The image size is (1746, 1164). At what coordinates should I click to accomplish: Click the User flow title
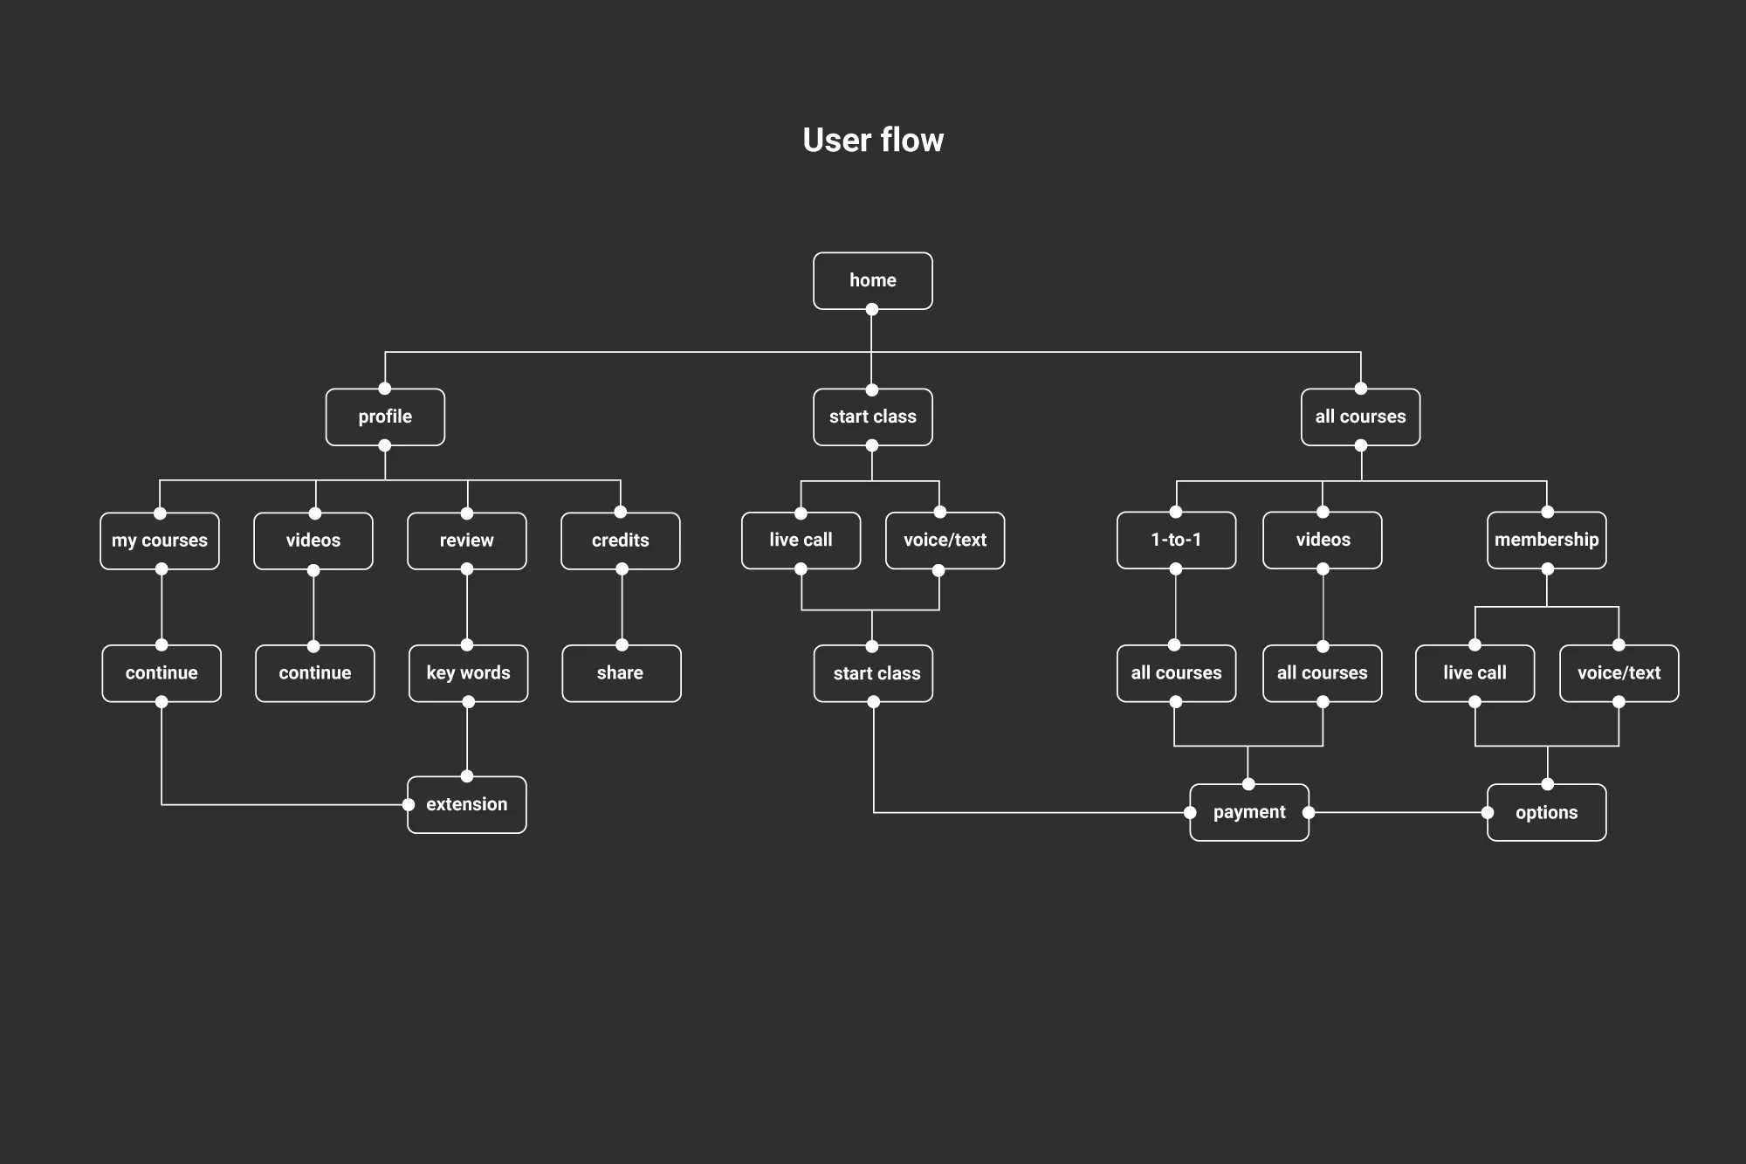873,140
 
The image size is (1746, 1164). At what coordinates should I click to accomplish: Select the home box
873,280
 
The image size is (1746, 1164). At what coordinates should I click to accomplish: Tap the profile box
385,417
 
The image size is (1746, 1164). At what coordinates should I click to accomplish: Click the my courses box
160,541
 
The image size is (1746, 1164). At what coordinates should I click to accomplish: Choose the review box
467,541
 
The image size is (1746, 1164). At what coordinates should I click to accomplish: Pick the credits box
621,541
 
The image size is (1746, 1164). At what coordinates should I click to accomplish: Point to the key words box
468,673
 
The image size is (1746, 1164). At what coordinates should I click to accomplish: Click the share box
621,673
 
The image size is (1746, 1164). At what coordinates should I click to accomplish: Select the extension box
467,804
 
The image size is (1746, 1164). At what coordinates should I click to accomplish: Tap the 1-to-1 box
1176,540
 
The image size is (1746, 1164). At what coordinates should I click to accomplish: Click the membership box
1546,540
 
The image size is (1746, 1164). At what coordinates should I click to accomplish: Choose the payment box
1249,812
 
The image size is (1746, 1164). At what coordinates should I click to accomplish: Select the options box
1546,812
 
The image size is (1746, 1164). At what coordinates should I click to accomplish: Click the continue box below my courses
162,673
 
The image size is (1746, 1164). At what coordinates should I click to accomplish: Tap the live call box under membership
1474,673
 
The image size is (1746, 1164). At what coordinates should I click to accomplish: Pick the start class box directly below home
873,417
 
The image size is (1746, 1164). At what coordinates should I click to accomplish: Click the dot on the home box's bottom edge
872,309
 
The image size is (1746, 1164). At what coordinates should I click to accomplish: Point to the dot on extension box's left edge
409,804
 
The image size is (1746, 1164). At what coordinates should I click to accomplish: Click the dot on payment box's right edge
1309,812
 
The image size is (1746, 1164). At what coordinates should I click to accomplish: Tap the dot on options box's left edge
1488,812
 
